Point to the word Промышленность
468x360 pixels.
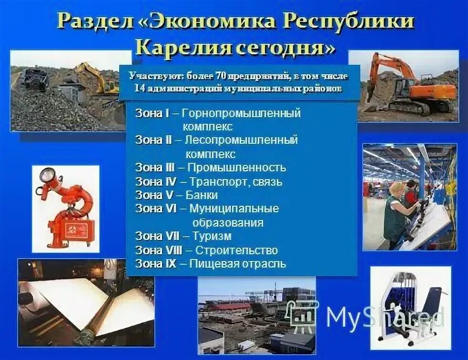(x=236, y=168)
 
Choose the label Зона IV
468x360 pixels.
(x=156, y=181)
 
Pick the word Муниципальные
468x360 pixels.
(x=234, y=209)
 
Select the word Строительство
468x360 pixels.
(x=233, y=250)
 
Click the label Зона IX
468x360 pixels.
(x=156, y=263)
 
